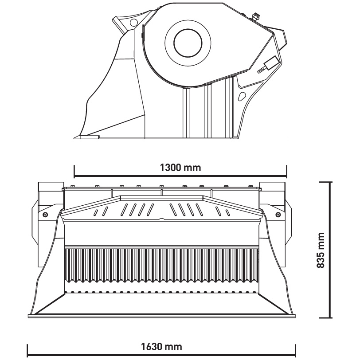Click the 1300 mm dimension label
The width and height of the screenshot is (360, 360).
pos(180,168)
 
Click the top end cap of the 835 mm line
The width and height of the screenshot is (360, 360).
pos(331,182)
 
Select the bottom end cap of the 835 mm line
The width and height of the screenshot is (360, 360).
pos(331,317)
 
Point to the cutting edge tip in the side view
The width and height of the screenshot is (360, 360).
pos(76,137)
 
